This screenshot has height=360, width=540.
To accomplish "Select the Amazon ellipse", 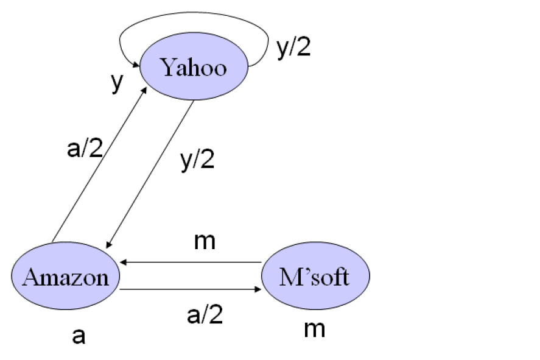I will pos(65,277).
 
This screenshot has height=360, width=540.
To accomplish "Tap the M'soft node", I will pos(315,277).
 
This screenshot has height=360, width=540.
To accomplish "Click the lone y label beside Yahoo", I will pos(116,83).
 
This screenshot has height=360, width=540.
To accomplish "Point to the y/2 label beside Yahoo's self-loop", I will pos(293,48).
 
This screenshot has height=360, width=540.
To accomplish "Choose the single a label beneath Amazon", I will pos(79,335).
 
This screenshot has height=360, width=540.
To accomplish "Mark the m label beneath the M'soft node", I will pos(314,329).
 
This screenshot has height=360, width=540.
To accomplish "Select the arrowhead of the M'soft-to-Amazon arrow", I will pos(124,263).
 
